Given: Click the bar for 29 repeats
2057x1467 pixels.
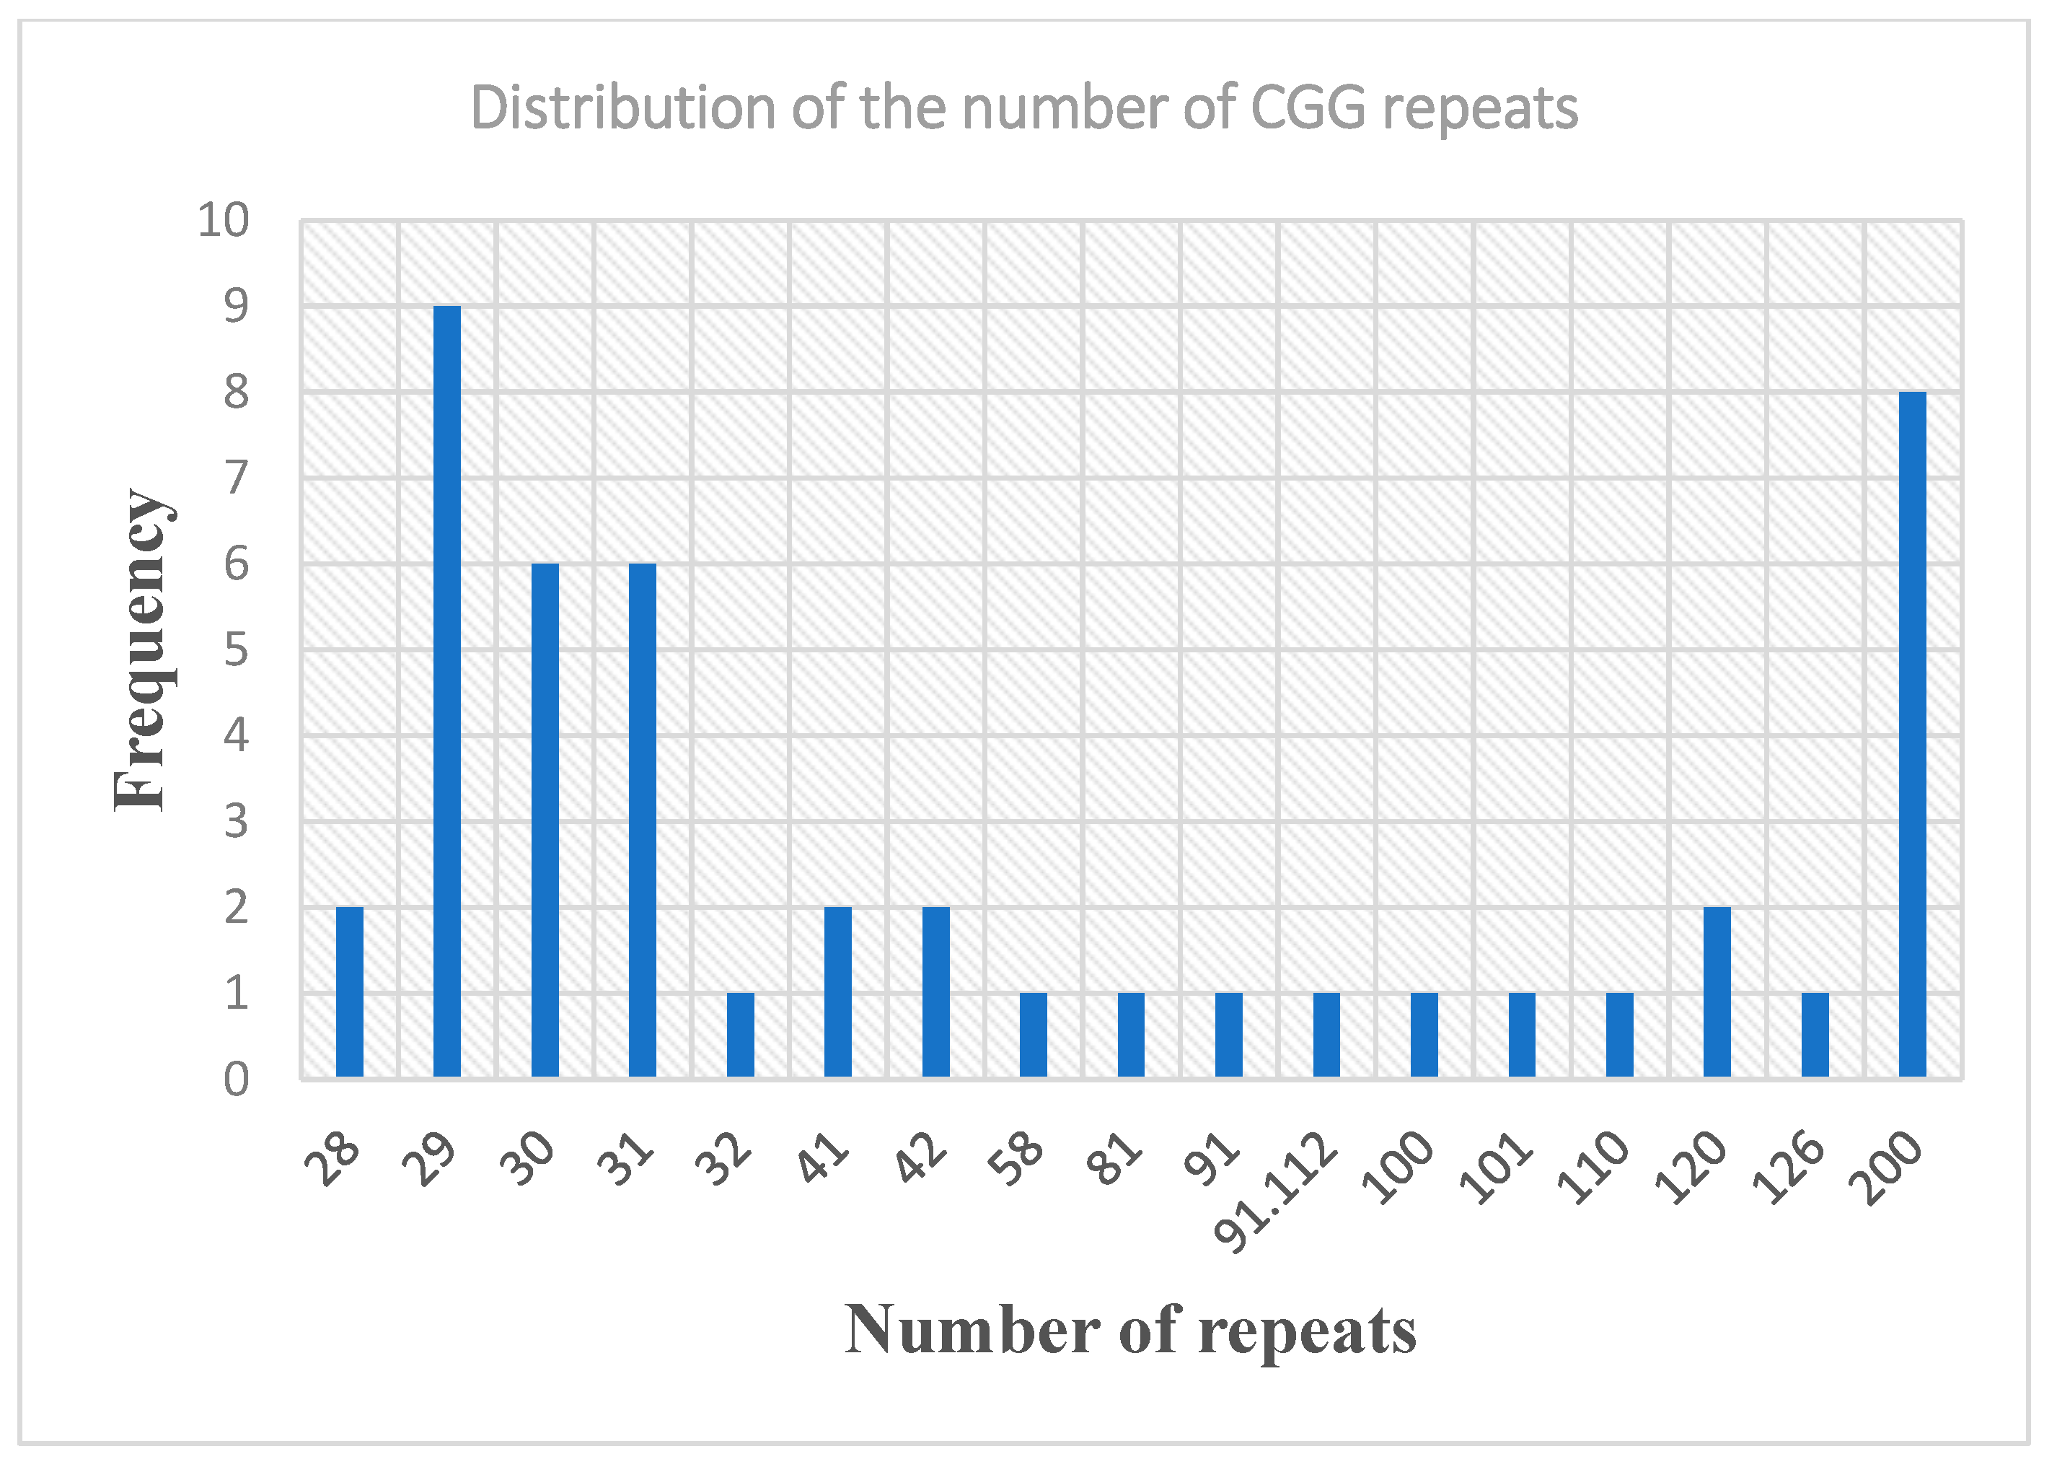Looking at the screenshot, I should pos(447,691).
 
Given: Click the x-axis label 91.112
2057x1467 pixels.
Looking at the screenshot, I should pos(1275,1192).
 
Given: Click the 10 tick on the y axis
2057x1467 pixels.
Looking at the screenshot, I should pos(223,219).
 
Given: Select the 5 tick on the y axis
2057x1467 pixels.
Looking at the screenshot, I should pos(236,649).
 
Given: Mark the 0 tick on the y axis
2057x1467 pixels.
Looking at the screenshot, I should pos(236,1079).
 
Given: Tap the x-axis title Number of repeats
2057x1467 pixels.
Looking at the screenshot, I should pos(1130,1331).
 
